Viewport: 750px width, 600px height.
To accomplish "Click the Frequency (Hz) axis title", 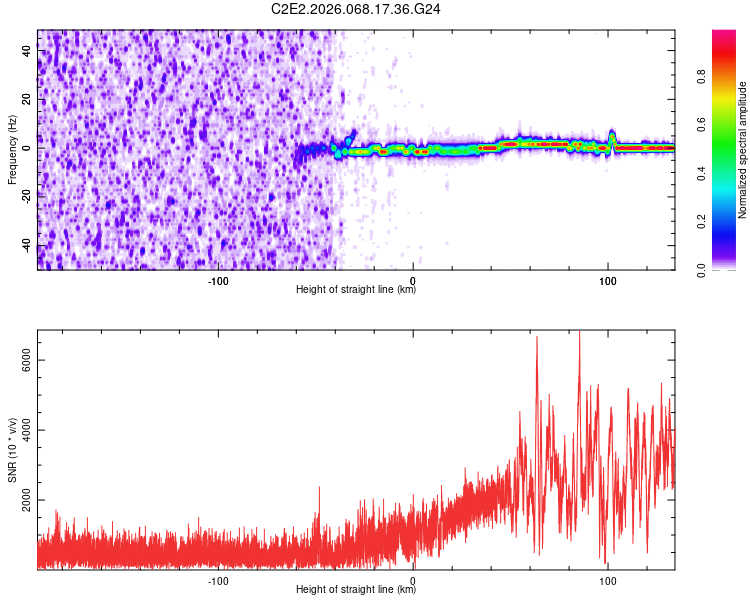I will [12, 150].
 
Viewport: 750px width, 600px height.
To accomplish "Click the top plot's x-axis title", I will [356, 290].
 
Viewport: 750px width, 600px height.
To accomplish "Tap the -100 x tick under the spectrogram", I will [218, 279].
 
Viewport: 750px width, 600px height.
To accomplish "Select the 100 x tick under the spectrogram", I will [607, 279].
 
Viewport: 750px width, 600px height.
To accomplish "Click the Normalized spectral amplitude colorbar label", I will [743, 150].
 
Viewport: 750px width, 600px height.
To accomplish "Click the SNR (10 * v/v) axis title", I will [12, 450].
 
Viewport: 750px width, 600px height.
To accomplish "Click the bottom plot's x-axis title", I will [356, 590].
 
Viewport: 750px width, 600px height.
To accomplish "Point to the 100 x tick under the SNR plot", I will [607, 580].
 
